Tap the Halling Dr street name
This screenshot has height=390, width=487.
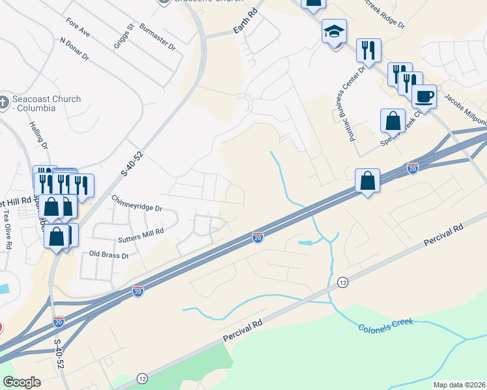point(40,134)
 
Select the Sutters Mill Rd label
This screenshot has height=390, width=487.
point(141,231)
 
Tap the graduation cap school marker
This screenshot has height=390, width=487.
point(334,31)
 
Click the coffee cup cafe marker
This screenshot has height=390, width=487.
point(424,97)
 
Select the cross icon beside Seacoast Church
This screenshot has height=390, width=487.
point(6,103)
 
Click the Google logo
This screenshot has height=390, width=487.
point(21,382)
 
